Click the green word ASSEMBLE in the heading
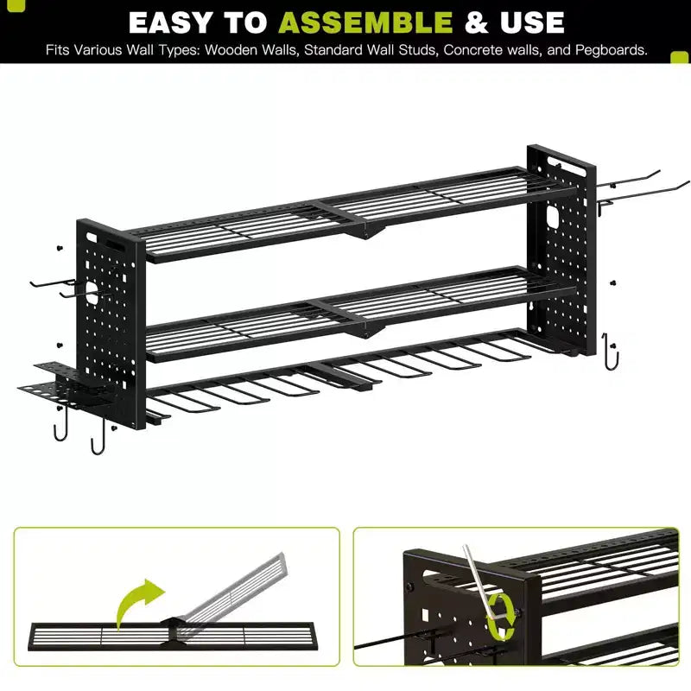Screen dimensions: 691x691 365,22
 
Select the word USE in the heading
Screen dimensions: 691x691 532,22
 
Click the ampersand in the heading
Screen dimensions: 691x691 477,22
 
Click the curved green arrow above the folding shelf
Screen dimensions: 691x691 137,601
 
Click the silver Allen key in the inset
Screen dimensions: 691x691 480,581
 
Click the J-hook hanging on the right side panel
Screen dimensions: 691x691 610,352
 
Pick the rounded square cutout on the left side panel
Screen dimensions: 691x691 92,293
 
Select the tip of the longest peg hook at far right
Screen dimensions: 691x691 688,181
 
